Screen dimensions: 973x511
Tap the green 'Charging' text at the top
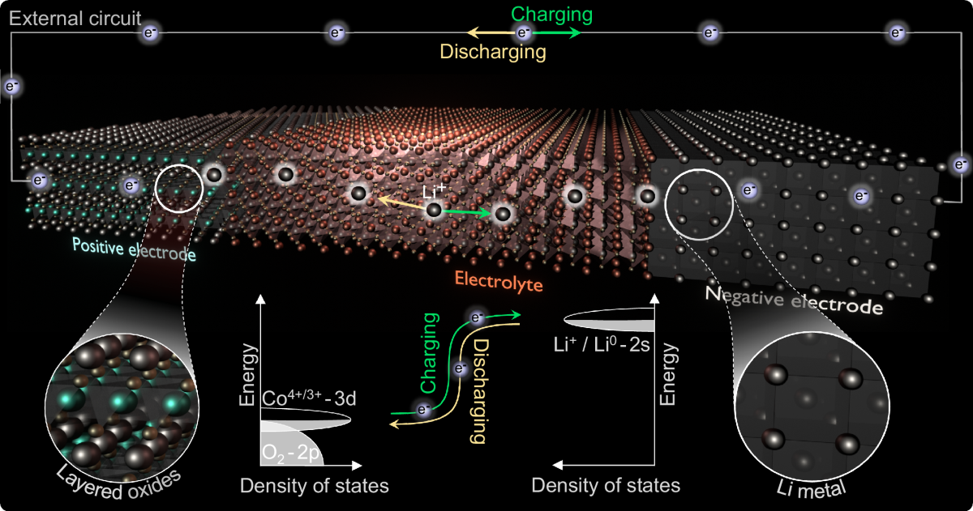click(551, 15)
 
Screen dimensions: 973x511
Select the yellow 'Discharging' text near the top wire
click(492, 52)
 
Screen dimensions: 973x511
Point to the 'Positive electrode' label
click(134, 248)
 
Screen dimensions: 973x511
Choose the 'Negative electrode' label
click(792, 300)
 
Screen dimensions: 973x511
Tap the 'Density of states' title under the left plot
click(314, 486)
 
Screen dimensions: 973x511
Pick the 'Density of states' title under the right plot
click(606, 486)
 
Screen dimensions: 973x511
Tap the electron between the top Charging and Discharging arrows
click(524, 33)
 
